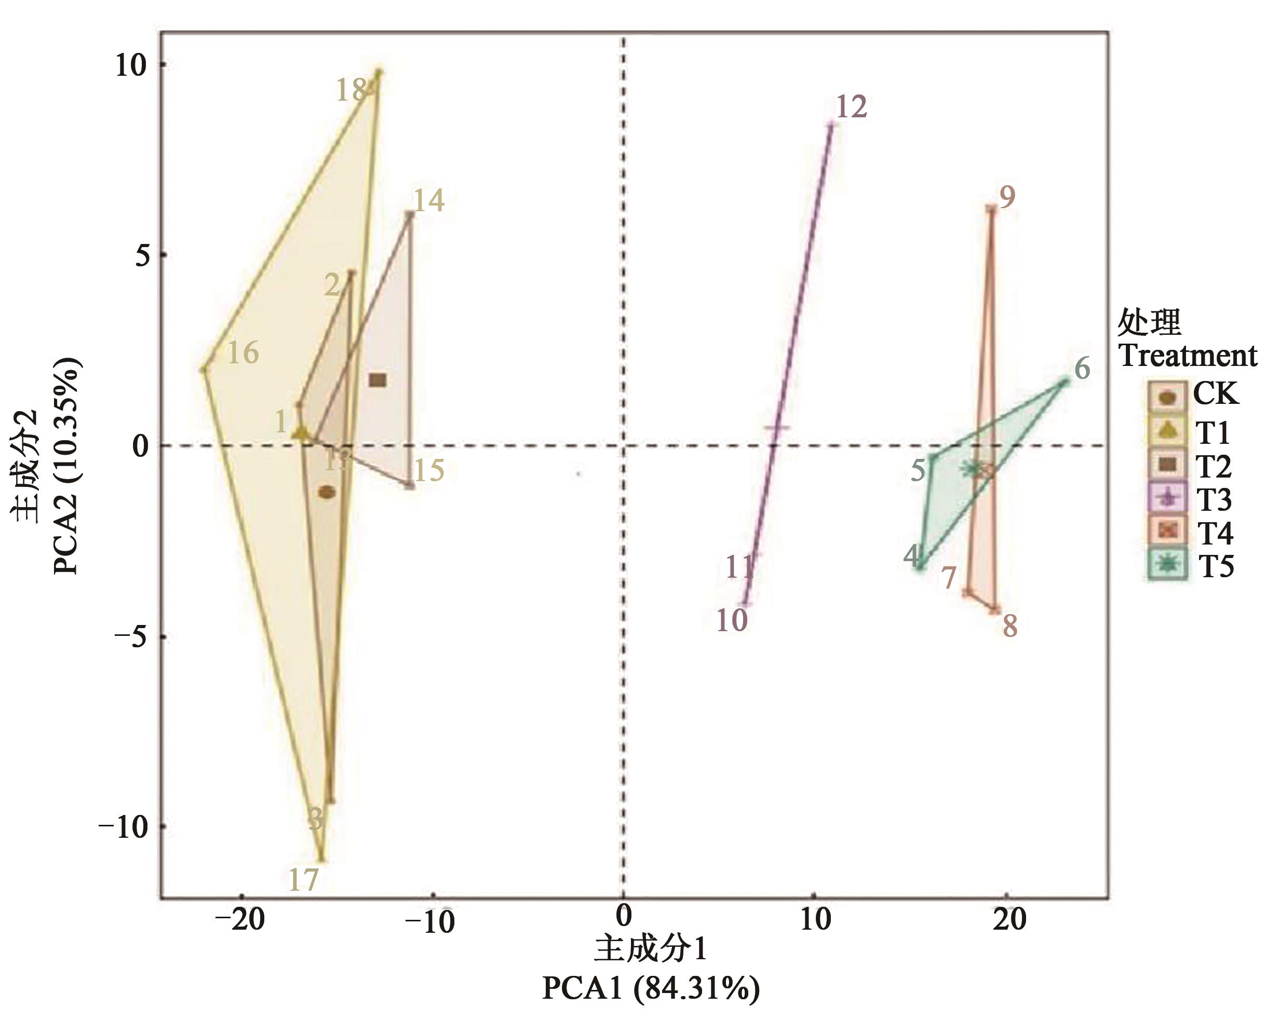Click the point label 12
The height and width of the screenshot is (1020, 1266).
pos(851,107)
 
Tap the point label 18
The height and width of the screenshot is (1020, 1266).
pos(352,90)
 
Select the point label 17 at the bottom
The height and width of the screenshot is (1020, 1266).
pos(303,879)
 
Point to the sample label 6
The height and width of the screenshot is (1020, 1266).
pos(1082,369)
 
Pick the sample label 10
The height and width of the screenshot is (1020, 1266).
pos(732,620)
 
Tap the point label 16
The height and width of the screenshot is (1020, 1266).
pos(243,352)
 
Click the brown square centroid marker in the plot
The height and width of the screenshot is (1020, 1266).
pos(378,380)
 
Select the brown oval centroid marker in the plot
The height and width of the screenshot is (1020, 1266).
pos(327,492)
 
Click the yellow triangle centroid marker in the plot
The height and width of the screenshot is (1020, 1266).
pos(301,433)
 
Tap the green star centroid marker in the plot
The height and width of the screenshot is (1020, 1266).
pos(972,468)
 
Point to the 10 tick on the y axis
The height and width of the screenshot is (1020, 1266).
pos(130,65)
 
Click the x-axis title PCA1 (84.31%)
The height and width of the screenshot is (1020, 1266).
pos(651,988)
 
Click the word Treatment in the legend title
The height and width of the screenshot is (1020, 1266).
pos(1187,356)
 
